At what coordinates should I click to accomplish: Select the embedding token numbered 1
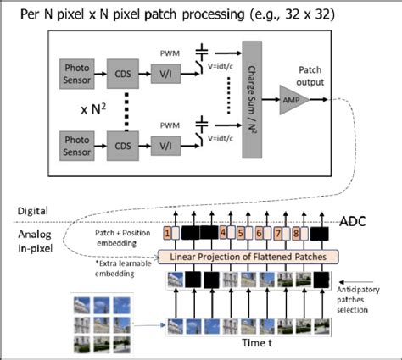[169, 233]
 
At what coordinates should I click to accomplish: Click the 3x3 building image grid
[100, 320]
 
